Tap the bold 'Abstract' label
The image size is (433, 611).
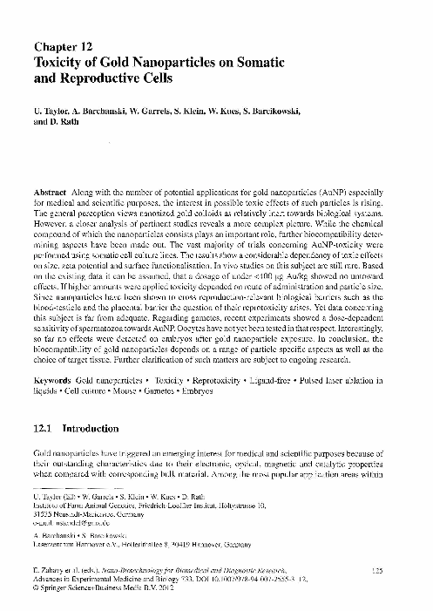coord(50,191)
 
